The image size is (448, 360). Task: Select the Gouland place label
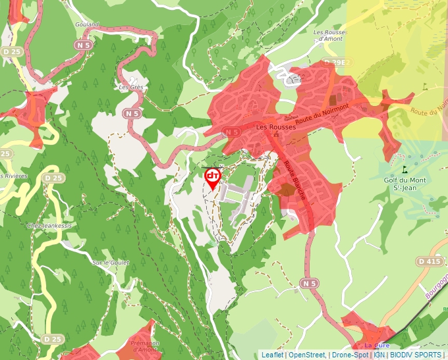(87, 24)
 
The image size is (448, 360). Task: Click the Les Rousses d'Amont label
(330, 36)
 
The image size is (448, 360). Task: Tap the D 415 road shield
(429, 262)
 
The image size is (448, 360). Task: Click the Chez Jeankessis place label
(49, 226)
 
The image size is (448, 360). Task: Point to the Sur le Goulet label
(111, 263)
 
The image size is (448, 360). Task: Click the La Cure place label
(377, 346)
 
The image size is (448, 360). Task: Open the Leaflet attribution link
(271, 355)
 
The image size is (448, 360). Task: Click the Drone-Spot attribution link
(351, 355)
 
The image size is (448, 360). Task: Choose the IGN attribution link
(379, 355)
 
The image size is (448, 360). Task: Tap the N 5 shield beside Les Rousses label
(231, 132)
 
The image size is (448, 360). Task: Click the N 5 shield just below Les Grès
(132, 113)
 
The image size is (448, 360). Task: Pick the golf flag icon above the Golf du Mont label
(404, 169)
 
